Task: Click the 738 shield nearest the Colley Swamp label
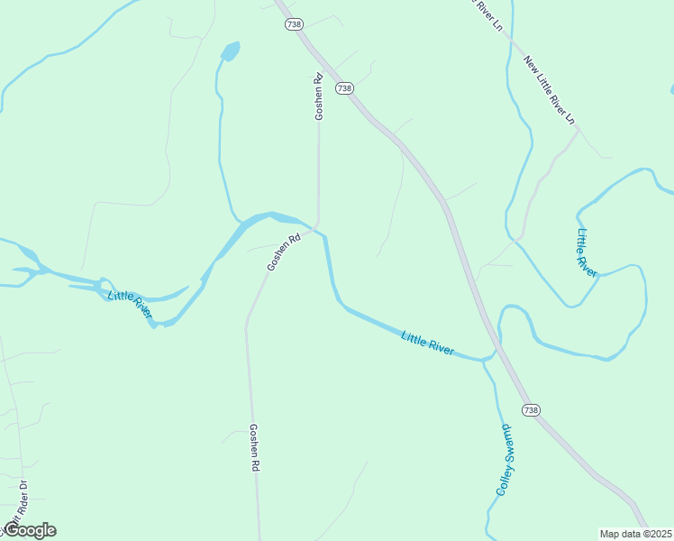531,410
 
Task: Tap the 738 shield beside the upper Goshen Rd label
344,87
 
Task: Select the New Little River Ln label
549,90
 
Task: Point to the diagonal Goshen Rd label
283,253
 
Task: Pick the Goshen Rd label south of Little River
255,448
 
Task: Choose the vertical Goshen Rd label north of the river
318,96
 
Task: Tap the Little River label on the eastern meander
587,252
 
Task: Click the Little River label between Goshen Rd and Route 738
427,343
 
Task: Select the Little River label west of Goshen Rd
130,305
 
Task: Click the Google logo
29,530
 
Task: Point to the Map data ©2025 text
636,534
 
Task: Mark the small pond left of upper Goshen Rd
231,51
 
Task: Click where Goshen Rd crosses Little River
314,225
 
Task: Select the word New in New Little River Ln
530,65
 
